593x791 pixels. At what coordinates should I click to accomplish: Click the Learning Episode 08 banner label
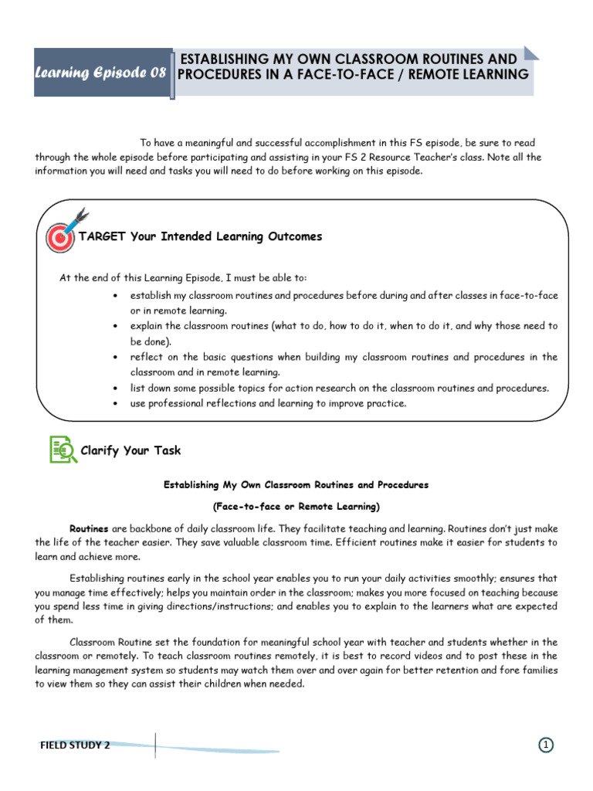[x=100, y=73]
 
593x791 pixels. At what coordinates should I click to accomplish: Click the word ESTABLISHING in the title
[x=223, y=59]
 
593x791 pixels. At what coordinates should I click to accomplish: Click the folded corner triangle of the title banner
[x=530, y=53]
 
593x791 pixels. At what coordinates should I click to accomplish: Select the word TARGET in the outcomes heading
[x=103, y=236]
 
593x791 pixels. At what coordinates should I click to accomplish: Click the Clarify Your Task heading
[x=130, y=450]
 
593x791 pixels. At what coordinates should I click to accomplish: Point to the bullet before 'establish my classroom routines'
[x=115, y=296]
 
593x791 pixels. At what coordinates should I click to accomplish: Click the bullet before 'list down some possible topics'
[x=115, y=389]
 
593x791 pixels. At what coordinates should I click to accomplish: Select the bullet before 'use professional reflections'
[x=115, y=404]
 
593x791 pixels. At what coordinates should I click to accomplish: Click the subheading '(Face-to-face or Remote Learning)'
[x=296, y=507]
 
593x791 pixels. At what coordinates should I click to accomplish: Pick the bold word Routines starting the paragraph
[x=89, y=529]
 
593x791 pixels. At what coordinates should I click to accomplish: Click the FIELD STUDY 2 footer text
[x=75, y=745]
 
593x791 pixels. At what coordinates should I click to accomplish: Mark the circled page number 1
[x=545, y=745]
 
